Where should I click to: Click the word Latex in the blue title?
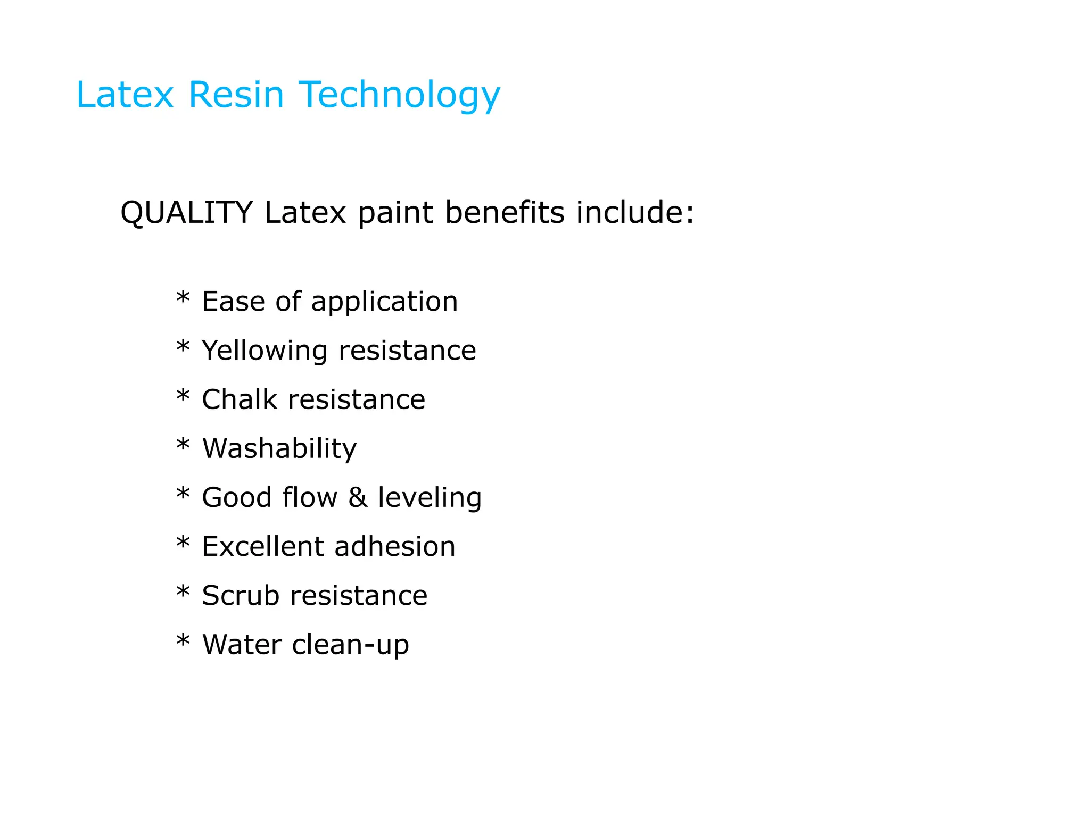(125, 95)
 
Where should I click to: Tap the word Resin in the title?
(236, 95)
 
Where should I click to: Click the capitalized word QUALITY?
(186, 213)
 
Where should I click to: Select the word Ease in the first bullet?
(233, 302)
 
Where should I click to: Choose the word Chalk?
(239, 399)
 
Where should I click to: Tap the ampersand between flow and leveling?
(358, 498)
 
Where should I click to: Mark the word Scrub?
(240, 596)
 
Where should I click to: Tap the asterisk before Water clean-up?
(183, 641)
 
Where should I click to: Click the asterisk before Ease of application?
(183, 298)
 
